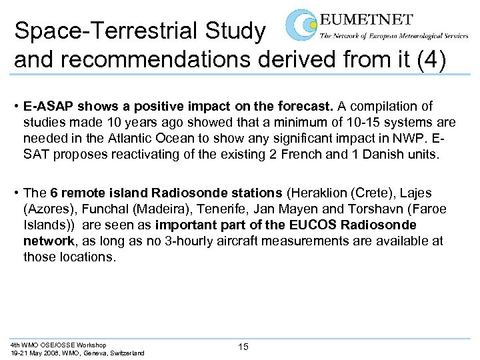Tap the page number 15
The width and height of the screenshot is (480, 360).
[243, 346]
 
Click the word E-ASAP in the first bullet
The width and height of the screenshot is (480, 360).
[46, 107]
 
